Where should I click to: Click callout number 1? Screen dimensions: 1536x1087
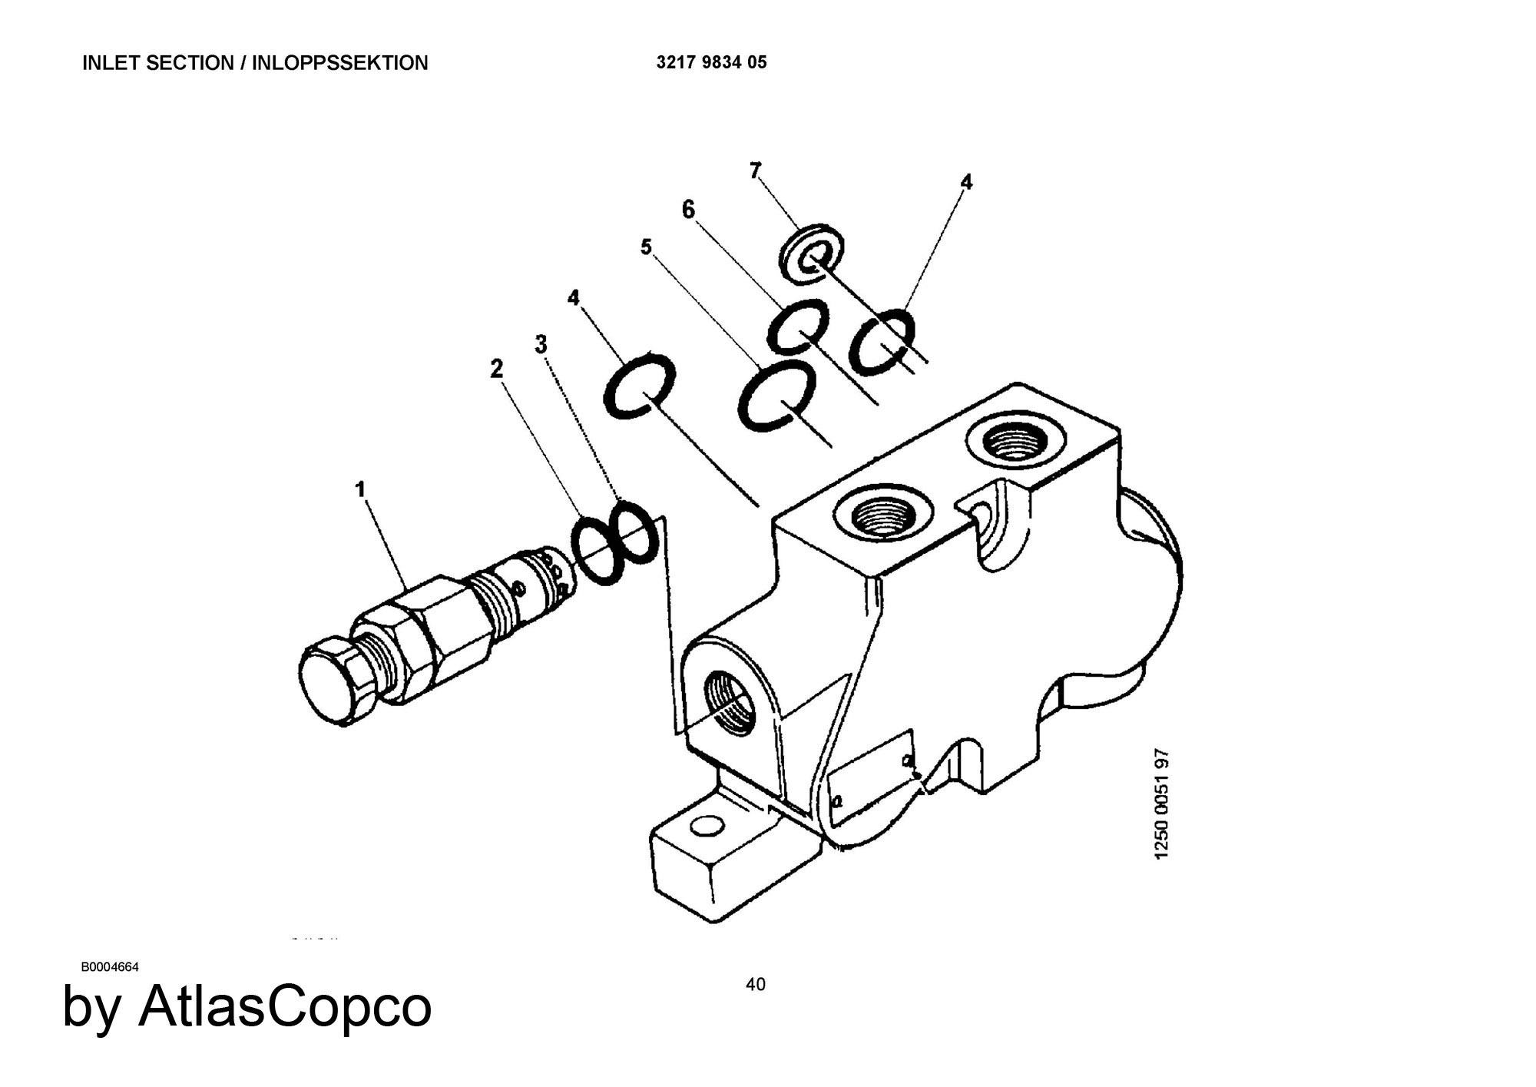tap(360, 489)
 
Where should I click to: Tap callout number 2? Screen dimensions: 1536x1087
tap(497, 370)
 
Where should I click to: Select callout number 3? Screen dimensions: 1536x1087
tap(541, 345)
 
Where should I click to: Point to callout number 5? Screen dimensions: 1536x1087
tap(646, 247)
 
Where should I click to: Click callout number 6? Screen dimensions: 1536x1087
tap(688, 209)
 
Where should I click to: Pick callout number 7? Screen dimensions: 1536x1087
tap(756, 171)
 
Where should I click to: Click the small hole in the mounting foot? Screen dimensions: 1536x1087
tap(707, 827)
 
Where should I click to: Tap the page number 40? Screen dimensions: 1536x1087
tap(756, 984)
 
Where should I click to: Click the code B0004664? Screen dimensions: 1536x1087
tap(110, 967)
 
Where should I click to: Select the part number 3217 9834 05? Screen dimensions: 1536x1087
tap(711, 62)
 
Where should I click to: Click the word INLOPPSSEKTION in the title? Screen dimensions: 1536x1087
tap(340, 63)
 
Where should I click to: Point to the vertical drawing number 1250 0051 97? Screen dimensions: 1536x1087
tap(1162, 804)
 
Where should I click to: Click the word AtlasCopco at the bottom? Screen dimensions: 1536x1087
tap(285, 1006)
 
